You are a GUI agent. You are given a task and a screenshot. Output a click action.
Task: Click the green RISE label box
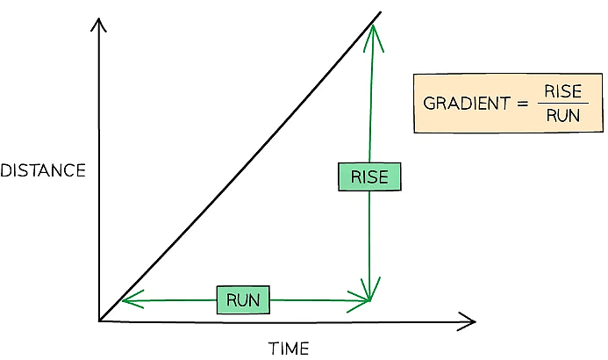(368, 177)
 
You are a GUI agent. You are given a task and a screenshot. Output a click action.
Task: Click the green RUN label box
(243, 299)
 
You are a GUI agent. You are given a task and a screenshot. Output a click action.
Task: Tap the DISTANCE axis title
(43, 171)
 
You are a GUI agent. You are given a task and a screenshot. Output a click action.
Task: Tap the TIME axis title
(289, 349)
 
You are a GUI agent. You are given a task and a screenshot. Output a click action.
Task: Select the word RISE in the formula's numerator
(563, 92)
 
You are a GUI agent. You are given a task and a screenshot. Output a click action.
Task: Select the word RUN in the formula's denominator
(563, 116)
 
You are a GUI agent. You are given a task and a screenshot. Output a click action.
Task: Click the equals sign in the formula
(522, 104)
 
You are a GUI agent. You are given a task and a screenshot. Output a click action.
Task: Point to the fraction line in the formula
(563, 104)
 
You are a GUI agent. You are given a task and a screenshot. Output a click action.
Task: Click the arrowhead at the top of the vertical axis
(100, 25)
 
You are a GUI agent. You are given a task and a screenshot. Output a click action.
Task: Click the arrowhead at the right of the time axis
(469, 320)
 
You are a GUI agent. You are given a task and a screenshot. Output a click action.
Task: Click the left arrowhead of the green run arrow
(126, 300)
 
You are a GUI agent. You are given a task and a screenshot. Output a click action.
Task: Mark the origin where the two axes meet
(100, 320)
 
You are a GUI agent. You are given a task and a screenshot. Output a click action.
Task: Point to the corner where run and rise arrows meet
(370, 300)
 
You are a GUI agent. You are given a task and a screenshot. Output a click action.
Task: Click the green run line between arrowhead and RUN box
(171, 300)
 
